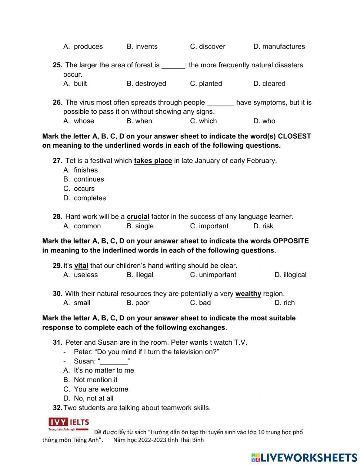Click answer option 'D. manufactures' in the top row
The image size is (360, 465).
pos(279,46)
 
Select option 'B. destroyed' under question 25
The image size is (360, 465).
pos(146,84)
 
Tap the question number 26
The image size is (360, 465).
pos(58,102)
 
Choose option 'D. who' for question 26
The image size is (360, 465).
pos(264,121)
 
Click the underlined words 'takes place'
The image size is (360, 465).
pos(153,161)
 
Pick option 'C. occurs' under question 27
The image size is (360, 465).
pos(79,188)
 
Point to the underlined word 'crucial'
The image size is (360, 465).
pos(138,217)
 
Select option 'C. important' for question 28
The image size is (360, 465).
pos(209,226)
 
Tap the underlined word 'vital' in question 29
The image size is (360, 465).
pos(81,266)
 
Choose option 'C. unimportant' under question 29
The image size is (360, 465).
pos(213,275)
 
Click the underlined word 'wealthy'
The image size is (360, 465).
pos(248,294)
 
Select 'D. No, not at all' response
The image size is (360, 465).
pos(89,398)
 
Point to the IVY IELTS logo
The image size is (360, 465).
pos(69,423)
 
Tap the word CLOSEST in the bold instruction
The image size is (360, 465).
pos(294,136)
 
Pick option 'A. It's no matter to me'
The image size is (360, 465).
pos(99,370)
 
